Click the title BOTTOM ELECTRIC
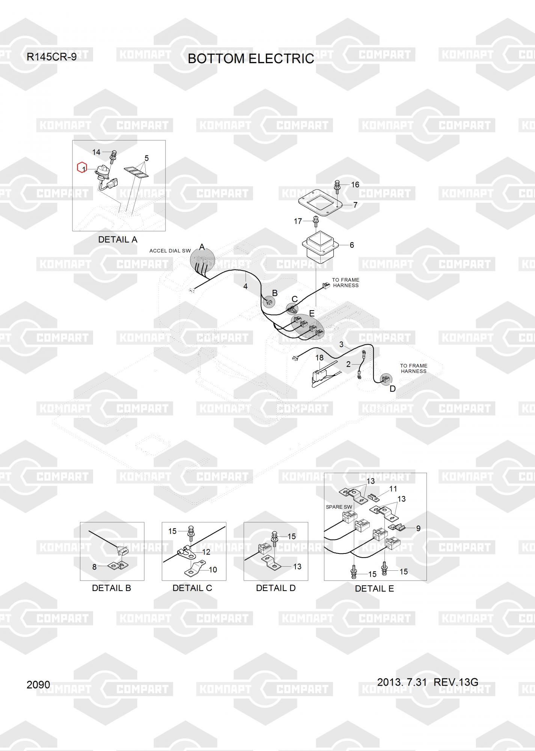point(250,59)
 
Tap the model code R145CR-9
point(51,57)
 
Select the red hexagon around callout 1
point(82,168)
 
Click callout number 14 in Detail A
point(96,152)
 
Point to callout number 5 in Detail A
point(146,158)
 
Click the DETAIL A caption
point(118,240)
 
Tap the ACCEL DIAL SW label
point(170,251)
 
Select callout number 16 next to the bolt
point(355,185)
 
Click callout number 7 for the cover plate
point(355,205)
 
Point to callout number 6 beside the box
point(352,245)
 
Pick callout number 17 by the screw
point(298,221)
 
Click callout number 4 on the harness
point(245,287)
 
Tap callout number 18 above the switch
point(319,358)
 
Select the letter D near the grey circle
point(392,389)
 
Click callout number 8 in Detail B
point(95,567)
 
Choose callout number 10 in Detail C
point(213,570)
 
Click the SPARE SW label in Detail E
point(339,507)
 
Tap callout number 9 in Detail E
point(418,528)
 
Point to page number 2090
point(38,685)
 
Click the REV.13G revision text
point(456,682)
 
